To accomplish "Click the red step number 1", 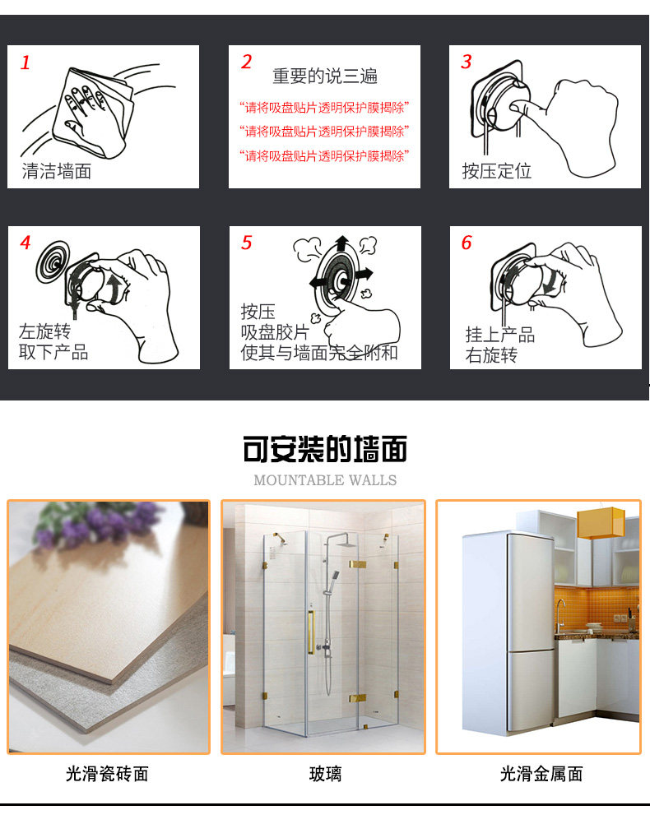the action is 26,62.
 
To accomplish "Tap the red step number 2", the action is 247,62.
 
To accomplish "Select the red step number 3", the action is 467,62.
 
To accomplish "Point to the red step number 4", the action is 26,243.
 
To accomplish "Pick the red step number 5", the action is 247,243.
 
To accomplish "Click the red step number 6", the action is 467,243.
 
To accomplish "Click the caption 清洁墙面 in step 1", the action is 57,171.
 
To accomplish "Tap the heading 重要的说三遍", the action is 325,76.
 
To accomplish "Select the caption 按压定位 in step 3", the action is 497,171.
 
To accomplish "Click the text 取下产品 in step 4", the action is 53,352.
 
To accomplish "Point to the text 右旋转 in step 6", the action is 491,355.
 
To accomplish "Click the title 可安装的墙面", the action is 325,449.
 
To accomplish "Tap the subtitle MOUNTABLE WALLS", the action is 325,479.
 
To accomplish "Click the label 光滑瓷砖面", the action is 107,774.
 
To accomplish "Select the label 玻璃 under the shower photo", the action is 325,774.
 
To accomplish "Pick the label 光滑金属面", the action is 541,774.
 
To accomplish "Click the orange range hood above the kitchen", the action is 601,523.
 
